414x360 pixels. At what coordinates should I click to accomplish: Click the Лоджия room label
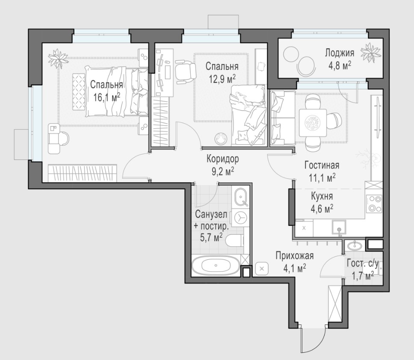pyautogui.click(x=339, y=53)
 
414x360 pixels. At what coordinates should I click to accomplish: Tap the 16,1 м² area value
pyautogui.click(x=106, y=97)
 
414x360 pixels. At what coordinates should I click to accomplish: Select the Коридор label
pyautogui.click(x=222, y=159)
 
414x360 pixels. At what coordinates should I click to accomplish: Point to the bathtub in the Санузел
pyautogui.click(x=216, y=265)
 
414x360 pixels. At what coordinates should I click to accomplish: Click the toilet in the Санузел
pyautogui.click(x=235, y=240)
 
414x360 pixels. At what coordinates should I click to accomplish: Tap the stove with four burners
pyautogui.click(x=374, y=203)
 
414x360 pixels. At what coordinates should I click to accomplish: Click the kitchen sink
pyautogui.click(x=339, y=229)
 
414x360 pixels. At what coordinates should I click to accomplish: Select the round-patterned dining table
pyautogui.click(x=313, y=123)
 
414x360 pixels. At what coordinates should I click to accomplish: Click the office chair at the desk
pyautogui.click(x=186, y=71)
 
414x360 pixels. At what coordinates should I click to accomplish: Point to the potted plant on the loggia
pyautogui.click(x=371, y=53)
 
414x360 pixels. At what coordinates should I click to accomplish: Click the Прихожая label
pyautogui.click(x=294, y=256)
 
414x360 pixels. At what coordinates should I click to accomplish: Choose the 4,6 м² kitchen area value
pyautogui.click(x=322, y=209)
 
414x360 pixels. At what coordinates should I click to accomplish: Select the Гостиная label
pyautogui.click(x=322, y=165)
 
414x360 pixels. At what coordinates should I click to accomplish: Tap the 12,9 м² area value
pyautogui.click(x=222, y=79)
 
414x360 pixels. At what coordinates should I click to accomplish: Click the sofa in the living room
pyautogui.click(x=282, y=118)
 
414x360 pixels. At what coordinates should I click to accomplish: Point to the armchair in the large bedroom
pyautogui.click(x=58, y=139)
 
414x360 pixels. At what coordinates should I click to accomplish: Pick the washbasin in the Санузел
pyautogui.click(x=240, y=197)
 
